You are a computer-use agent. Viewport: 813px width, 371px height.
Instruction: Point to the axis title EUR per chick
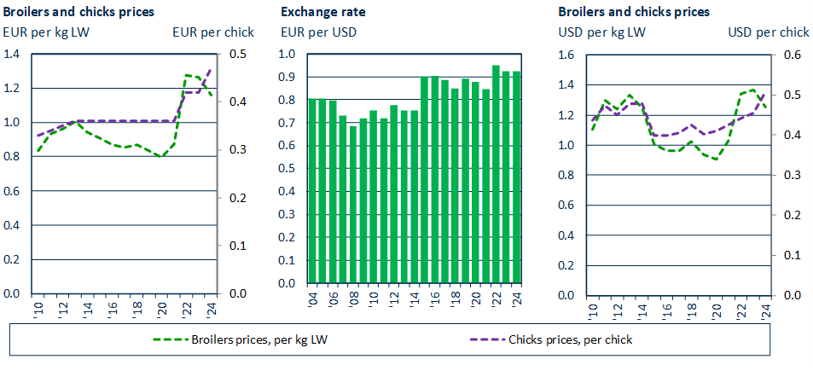(212, 32)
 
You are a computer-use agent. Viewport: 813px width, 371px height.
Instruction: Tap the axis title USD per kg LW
(601, 32)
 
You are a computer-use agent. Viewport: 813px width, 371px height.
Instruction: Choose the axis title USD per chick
(768, 32)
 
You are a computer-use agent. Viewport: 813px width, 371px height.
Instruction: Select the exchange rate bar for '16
(434, 180)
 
